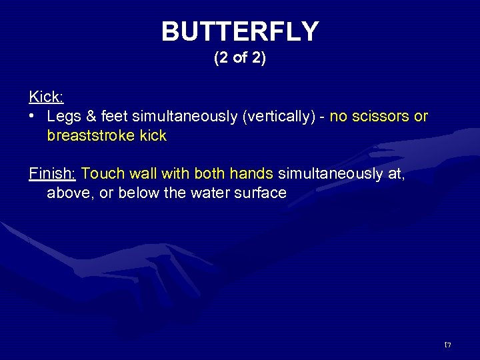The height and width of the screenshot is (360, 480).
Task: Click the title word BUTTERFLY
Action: pyautogui.click(x=240, y=31)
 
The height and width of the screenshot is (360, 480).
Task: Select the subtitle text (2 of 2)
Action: pyautogui.click(x=240, y=59)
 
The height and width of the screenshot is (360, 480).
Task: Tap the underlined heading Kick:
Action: pyautogui.click(x=46, y=97)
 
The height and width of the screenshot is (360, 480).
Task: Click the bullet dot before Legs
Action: pyautogui.click(x=32, y=117)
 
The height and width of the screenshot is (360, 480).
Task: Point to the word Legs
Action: pyautogui.click(x=64, y=117)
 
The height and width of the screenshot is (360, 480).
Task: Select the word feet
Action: pyautogui.click(x=114, y=117)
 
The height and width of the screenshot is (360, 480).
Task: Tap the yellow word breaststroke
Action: pyautogui.click(x=91, y=136)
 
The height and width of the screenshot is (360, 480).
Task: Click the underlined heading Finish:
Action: pyautogui.click(x=52, y=174)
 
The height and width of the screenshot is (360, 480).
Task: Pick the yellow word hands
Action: pyautogui.click(x=252, y=174)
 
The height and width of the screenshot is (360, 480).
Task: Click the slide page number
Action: pyautogui.click(x=448, y=345)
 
